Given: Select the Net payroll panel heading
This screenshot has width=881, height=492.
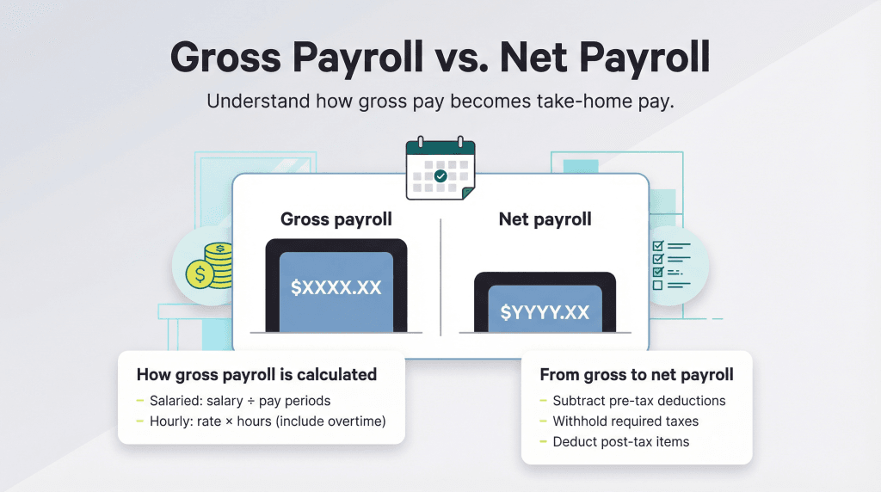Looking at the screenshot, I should coord(545,219).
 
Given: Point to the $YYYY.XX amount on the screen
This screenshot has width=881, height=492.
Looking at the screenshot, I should coord(545,311).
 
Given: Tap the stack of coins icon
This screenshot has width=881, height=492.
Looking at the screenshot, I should coord(210,264).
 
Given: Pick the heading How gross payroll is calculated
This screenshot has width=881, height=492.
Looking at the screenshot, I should coord(256,375).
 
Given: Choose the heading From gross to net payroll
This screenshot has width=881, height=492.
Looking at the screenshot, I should coord(637,375).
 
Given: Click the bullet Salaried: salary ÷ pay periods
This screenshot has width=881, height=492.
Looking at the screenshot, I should coord(239,401).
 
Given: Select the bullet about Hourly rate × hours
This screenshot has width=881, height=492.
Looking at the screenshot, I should coord(268,421).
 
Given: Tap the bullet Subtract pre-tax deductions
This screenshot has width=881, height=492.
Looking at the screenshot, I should coord(639,401).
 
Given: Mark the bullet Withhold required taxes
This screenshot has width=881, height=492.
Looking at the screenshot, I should coord(625,421).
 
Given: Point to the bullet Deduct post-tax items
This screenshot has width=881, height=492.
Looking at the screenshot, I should coord(621,442).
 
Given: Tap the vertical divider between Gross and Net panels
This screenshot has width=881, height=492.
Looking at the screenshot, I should coord(440,276).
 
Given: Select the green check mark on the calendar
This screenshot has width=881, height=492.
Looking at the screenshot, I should coord(440,175).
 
